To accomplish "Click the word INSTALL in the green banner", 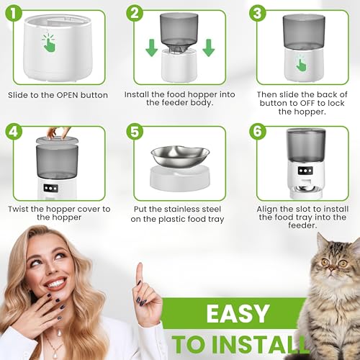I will [267, 343].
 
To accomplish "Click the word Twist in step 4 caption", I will [21, 209].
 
